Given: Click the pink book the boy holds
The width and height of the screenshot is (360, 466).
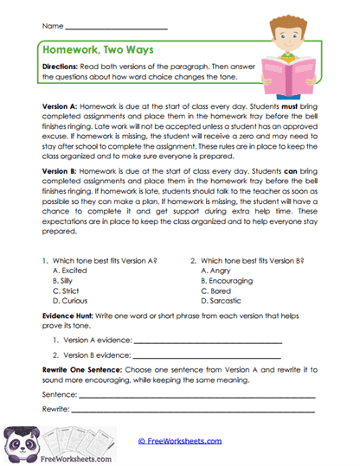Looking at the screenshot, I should pos(298,70).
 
